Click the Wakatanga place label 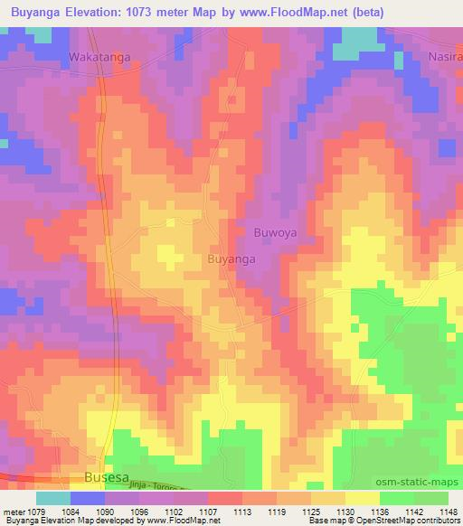tap(99, 57)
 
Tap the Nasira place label tap(443, 57)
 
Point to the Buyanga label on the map tap(231, 258)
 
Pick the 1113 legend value tap(241, 512)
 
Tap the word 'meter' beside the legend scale tap(15, 512)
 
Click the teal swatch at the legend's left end tap(52, 498)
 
